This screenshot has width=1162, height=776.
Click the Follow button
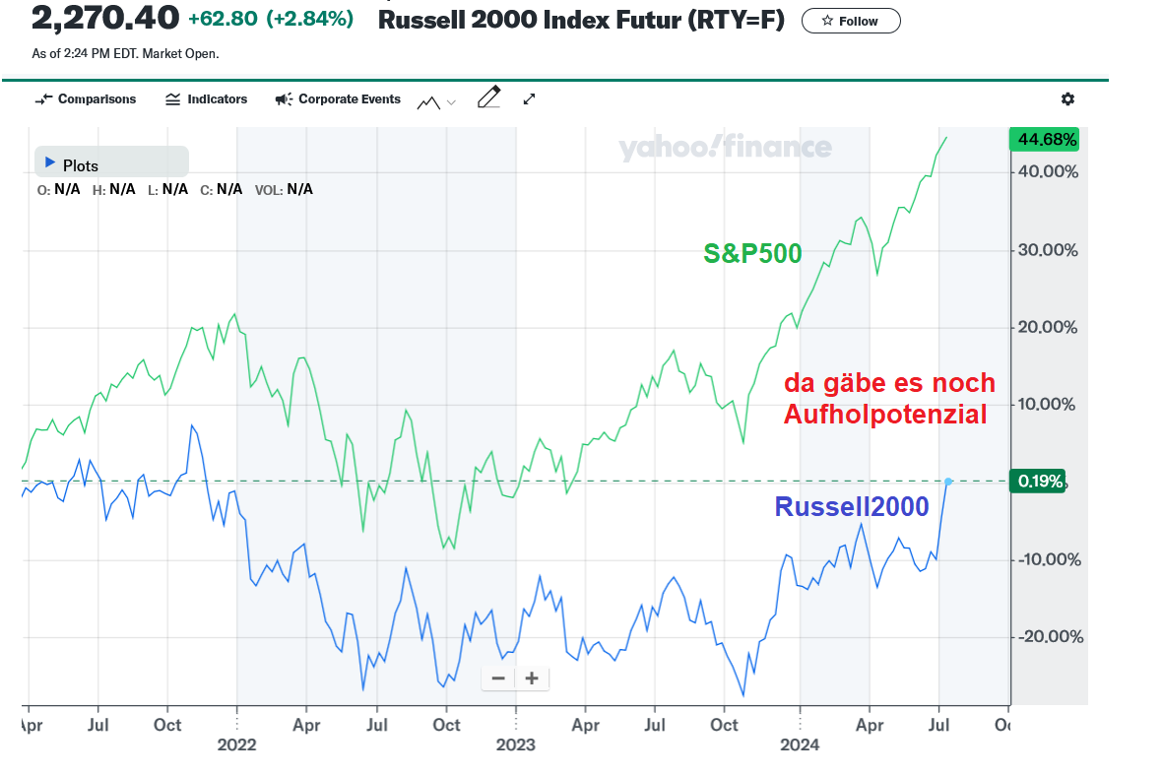point(851,21)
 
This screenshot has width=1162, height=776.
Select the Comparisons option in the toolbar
point(86,99)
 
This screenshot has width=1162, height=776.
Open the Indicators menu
point(207,99)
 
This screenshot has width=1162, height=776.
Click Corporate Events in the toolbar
point(338,99)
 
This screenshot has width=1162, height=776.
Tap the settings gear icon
point(1068,99)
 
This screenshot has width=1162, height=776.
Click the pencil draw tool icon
point(488,97)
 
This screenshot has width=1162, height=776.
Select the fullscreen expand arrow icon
point(530,99)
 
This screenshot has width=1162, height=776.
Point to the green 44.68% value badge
point(1046,140)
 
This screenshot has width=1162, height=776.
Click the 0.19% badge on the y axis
point(1040,482)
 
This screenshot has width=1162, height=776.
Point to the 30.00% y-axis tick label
point(1047,250)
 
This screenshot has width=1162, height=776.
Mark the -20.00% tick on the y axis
point(1049,637)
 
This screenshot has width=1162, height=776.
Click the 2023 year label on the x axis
point(515,744)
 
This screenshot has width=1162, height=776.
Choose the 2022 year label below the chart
point(236,744)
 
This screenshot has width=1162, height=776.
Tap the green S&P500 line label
point(752,254)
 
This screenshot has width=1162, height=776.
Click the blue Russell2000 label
point(851,506)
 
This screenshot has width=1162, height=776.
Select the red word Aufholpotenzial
point(884,416)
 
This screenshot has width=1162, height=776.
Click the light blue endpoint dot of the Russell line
point(947,482)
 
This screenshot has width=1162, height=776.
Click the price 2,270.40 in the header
point(106,17)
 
